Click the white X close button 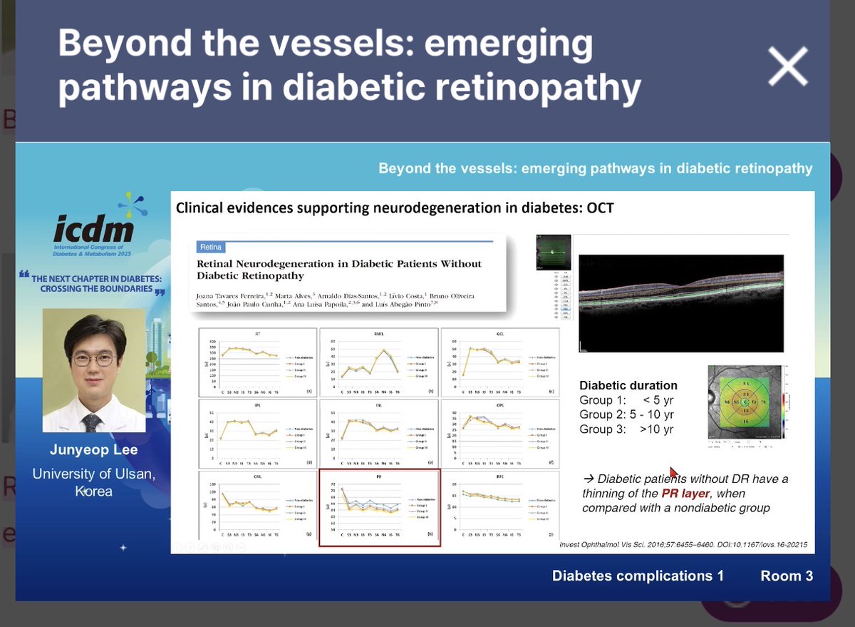(x=787, y=67)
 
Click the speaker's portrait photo (x=94, y=369)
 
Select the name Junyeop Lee (x=93, y=450)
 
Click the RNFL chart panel (x=378, y=362)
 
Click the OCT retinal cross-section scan (x=680, y=304)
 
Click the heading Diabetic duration (x=628, y=385)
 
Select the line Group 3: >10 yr (x=626, y=429)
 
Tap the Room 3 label (x=786, y=576)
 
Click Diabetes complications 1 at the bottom (x=638, y=576)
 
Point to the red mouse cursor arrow (x=673, y=472)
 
